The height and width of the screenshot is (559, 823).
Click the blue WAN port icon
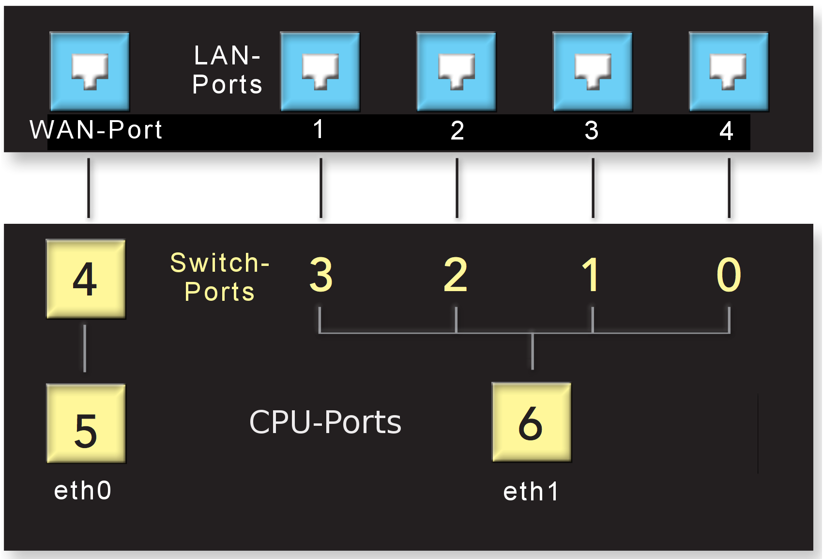(x=90, y=72)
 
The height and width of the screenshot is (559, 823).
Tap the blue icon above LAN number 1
(x=320, y=72)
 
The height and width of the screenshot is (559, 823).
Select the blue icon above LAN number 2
(x=456, y=72)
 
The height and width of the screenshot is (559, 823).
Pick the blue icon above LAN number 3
(x=593, y=72)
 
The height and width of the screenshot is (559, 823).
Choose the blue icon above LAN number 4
(x=729, y=72)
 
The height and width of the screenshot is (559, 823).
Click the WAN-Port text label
(x=96, y=130)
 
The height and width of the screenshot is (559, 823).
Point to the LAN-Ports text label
(x=227, y=70)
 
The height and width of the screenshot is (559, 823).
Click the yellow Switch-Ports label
(x=220, y=277)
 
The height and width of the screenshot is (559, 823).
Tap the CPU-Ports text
(x=325, y=422)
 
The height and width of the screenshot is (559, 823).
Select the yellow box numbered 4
(x=86, y=279)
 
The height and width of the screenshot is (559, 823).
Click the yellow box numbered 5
(x=86, y=424)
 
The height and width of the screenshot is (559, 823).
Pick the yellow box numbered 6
(x=532, y=422)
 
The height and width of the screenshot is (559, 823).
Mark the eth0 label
(x=83, y=491)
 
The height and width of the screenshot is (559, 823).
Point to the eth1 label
(x=531, y=492)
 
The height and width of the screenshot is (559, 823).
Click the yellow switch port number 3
(x=321, y=275)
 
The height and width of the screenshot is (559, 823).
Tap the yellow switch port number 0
(x=729, y=275)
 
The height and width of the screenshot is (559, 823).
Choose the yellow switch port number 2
(x=456, y=275)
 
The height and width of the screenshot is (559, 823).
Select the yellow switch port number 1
(x=591, y=275)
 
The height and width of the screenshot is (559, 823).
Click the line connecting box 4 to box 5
(x=85, y=348)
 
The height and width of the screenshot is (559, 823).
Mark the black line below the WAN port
(x=89, y=188)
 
